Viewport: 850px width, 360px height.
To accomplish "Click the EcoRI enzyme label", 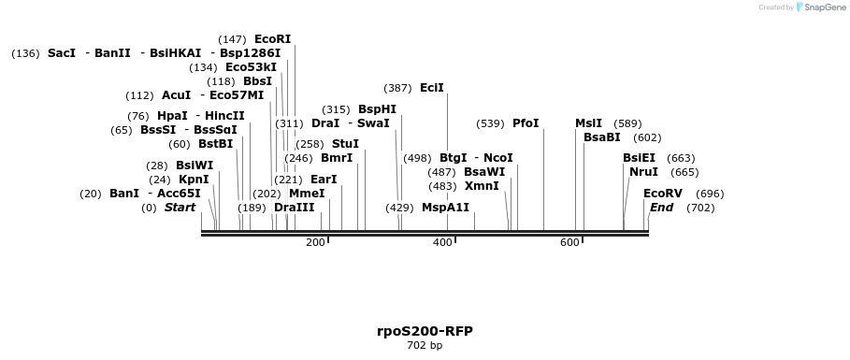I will pyautogui.click(x=272, y=39).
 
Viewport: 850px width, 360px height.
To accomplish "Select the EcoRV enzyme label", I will pyautogui.click(x=663, y=194).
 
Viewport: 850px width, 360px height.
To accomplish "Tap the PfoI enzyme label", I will pyautogui.click(x=526, y=123).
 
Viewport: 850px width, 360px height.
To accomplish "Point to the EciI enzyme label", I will pyautogui.click(x=431, y=88).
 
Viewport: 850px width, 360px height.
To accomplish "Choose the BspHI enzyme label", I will pyautogui.click(x=377, y=109).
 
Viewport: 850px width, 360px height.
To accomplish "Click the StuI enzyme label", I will pyautogui.click(x=345, y=144).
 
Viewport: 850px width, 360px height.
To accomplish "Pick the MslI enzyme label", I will pyautogui.click(x=588, y=123).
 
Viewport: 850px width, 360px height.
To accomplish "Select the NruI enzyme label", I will pyautogui.click(x=643, y=172).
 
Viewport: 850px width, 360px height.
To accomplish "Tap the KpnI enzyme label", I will pyautogui.click(x=194, y=180).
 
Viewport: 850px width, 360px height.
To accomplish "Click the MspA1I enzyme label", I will pyautogui.click(x=445, y=208).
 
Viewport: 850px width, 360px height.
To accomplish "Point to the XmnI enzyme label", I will pyautogui.click(x=482, y=186).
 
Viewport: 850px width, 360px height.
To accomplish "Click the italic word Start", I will pyautogui.click(x=180, y=208).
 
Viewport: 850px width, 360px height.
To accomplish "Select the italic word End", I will pyautogui.click(x=661, y=208).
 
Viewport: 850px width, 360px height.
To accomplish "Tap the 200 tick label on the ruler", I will pyautogui.click(x=315, y=242).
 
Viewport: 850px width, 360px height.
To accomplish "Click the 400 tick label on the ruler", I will pyautogui.click(x=442, y=242).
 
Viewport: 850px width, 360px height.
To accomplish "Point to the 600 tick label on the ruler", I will pyautogui.click(x=569, y=242).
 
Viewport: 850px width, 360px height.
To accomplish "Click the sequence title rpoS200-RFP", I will pyautogui.click(x=425, y=331).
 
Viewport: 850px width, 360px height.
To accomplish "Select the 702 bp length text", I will pyautogui.click(x=425, y=346).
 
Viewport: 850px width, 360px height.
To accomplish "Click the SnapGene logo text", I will pyautogui.click(x=820, y=7).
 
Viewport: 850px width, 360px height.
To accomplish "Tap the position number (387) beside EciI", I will pyautogui.click(x=397, y=88).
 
